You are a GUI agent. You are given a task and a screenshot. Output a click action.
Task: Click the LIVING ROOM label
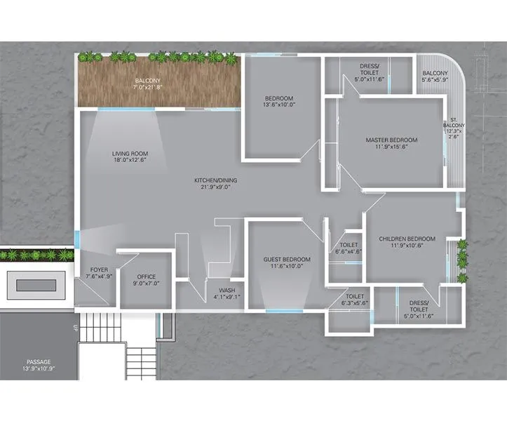(130, 154)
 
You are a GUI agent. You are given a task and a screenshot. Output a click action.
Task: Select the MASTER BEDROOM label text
(391, 140)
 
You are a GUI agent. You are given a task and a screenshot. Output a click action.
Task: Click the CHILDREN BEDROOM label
(407, 239)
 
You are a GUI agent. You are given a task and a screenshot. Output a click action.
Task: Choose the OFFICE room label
(147, 276)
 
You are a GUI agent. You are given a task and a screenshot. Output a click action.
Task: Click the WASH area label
(226, 290)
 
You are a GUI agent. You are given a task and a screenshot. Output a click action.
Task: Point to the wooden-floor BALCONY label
(148, 81)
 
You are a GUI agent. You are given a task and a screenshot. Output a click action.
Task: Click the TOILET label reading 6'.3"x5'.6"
(354, 297)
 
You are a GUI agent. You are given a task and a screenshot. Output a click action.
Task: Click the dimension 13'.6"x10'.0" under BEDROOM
(279, 105)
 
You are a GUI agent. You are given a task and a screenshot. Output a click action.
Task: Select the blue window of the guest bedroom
(284, 311)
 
